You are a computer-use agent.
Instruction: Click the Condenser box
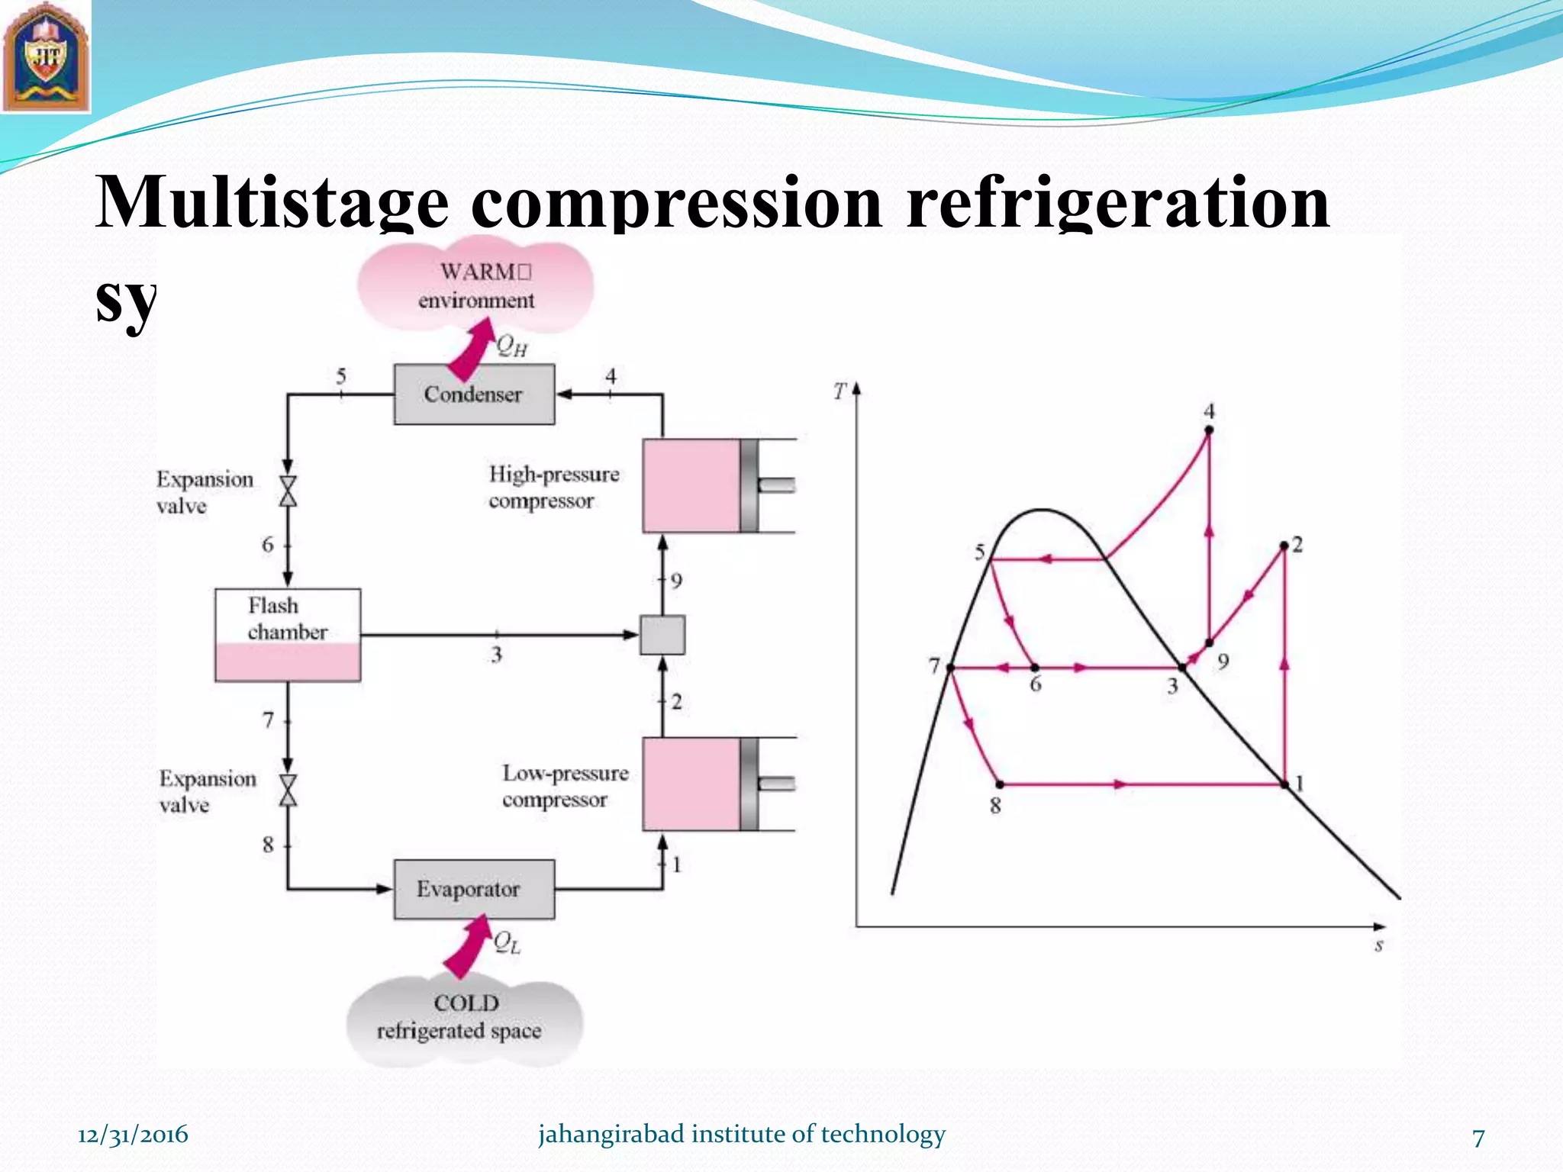coord(474,394)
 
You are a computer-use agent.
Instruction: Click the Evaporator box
coord(474,890)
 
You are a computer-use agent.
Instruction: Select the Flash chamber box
coord(288,635)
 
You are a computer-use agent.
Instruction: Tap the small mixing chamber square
coord(662,635)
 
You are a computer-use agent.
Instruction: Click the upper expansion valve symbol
coord(288,491)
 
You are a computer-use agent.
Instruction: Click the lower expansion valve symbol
coord(288,790)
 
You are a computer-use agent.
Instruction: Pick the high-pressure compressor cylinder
coord(691,485)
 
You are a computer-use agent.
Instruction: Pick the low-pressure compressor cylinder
coord(691,784)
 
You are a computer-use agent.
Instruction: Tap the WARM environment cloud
coord(476,286)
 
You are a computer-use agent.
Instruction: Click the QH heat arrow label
coord(511,346)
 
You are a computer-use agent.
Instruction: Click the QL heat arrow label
coord(507,943)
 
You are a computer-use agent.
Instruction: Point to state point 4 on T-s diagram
coord(1209,430)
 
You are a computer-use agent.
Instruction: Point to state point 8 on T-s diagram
coord(1000,784)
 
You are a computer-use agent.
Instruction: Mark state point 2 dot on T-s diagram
coord(1284,546)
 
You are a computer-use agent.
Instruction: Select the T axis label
coord(840,391)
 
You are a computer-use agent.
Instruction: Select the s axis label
coord(1378,946)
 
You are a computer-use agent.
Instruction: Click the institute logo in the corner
coord(46,57)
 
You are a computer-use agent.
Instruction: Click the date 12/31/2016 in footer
coord(133,1135)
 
